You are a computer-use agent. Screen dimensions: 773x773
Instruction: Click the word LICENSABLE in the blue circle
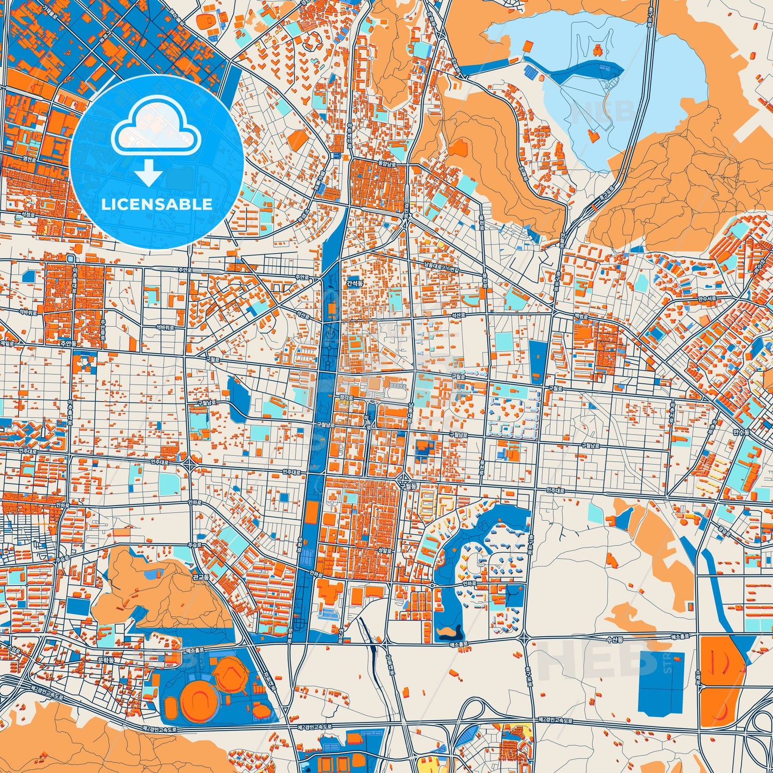tap(157, 204)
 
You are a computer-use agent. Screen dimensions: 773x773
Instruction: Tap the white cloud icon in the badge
tap(156, 132)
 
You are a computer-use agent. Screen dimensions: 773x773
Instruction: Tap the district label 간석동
tap(354, 283)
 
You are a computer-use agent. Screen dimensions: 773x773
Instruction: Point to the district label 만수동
tap(741, 431)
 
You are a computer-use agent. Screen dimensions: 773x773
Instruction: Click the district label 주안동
tap(67, 345)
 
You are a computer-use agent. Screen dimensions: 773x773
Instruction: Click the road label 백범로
tap(581, 316)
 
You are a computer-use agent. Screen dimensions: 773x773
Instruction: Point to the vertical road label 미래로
tap(367, 422)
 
